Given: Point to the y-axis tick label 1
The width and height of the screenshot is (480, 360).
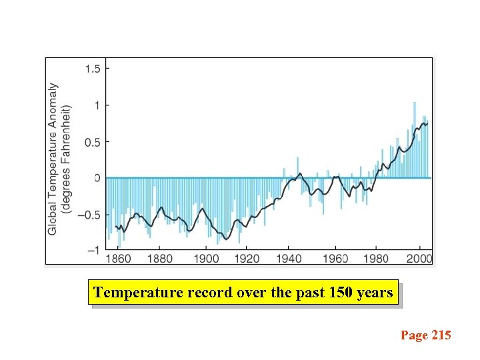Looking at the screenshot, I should click(x=97, y=105).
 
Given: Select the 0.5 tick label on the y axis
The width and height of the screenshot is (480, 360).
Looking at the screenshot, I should click(x=93, y=141).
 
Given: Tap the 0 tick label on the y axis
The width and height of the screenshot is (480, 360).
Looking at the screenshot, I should click(x=97, y=178).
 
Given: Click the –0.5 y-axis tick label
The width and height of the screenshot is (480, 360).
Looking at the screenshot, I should click(x=90, y=215).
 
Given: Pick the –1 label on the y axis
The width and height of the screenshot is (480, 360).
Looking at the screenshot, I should click(x=94, y=250).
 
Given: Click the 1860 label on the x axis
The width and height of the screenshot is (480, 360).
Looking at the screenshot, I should click(x=118, y=259).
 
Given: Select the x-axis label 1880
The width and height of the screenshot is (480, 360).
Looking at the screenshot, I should click(x=160, y=259).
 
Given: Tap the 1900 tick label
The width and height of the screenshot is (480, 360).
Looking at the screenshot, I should click(x=206, y=259).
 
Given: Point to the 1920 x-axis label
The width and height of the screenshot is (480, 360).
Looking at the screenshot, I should click(x=247, y=259).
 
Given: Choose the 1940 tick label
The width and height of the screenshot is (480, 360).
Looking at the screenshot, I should click(x=289, y=259).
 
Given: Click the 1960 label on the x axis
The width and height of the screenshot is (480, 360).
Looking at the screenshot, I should click(x=336, y=259).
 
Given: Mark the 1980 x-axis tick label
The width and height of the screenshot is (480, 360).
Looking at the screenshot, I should click(x=377, y=259).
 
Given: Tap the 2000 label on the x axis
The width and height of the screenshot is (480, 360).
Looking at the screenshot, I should click(x=419, y=259).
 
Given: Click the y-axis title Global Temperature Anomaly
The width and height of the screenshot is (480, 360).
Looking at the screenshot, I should click(x=53, y=159).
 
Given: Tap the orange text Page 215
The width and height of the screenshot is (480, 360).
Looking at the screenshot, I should click(x=425, y=335).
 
